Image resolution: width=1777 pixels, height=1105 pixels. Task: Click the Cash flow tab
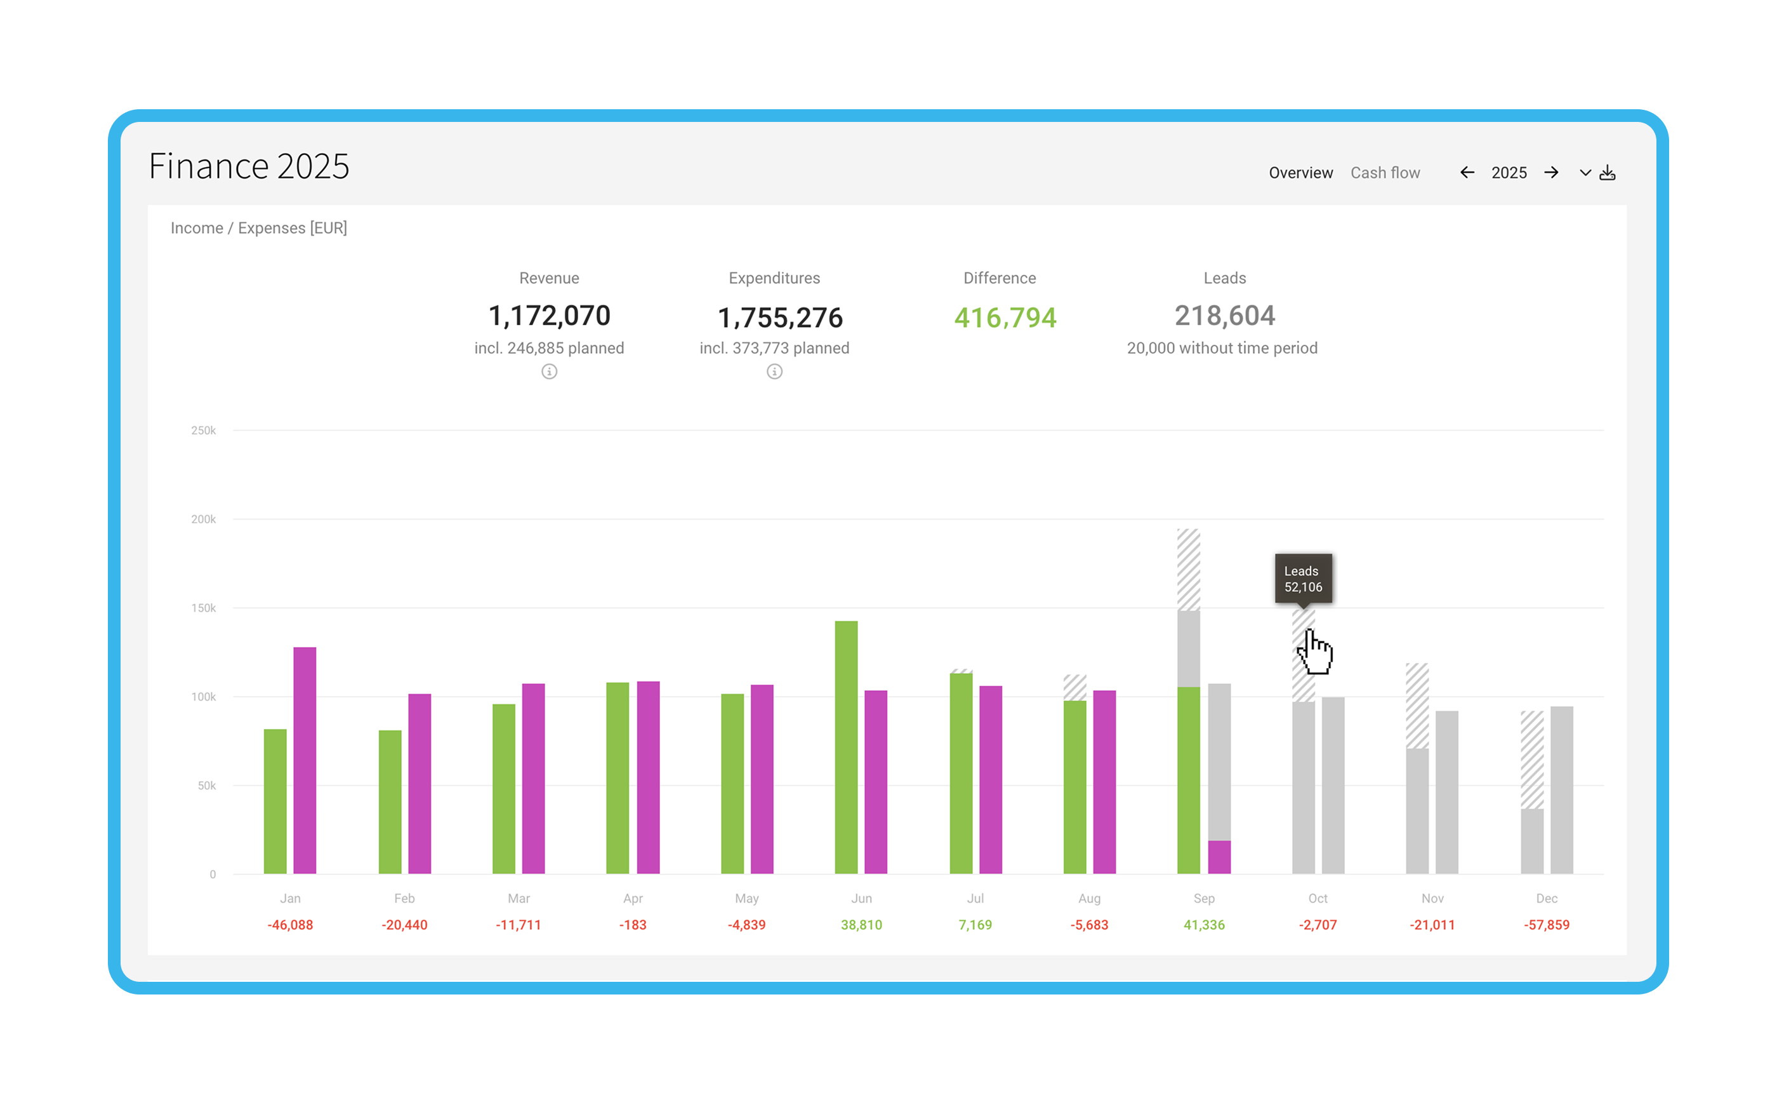click(1385, 173)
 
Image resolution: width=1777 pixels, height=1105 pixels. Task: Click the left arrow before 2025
click(1467, 173)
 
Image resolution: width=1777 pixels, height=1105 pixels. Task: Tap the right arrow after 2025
click(1551, 173)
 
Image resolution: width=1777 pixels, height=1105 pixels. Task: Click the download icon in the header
click(1608, 173)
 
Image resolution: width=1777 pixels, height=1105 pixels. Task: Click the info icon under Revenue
click(549, 372)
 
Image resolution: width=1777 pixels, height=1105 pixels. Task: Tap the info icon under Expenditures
click(774, 372)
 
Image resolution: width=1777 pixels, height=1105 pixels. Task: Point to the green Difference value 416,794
click(1005, 318)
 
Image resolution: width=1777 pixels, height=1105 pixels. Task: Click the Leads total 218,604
click(1225, 316)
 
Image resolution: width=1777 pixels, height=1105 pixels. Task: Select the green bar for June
click(846, 746)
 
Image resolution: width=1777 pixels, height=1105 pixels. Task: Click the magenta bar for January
click(305, 760)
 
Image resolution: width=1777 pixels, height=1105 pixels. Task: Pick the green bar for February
click(390, 800)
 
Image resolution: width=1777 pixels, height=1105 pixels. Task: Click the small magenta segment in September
click(1219, 857)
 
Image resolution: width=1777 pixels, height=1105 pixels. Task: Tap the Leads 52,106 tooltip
click(1303, 579)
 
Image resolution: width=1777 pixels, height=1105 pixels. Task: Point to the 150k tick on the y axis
click(203, 608)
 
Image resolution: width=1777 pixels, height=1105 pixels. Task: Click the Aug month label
click(1089, 898)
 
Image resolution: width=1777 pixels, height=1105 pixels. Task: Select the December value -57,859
click(1546, 925)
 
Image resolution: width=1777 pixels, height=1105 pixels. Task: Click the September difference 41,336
click(1204, 925)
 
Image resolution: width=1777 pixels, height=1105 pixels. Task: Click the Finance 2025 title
click(249, 166)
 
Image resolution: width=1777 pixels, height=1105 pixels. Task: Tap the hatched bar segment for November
click(1417, 706)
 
